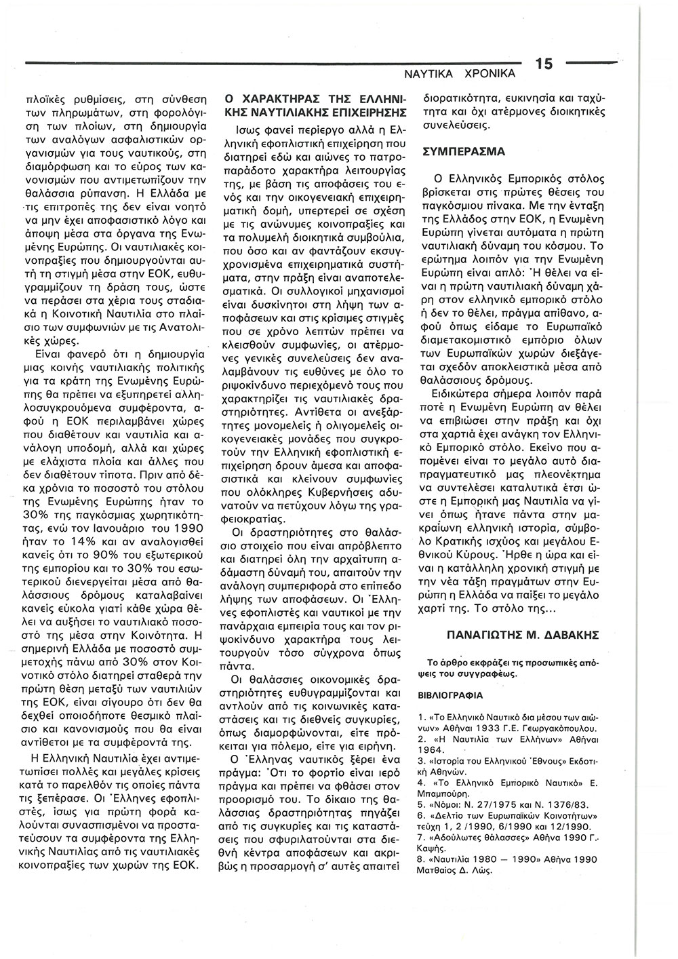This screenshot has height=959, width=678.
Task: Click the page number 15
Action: pos(544,64)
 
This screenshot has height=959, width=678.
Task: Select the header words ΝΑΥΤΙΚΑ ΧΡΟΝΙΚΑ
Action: pos(460,72)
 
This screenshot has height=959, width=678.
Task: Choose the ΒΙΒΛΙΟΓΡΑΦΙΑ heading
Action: pos(450,695)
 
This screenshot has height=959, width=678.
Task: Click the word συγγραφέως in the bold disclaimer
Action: pos(487,674)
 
